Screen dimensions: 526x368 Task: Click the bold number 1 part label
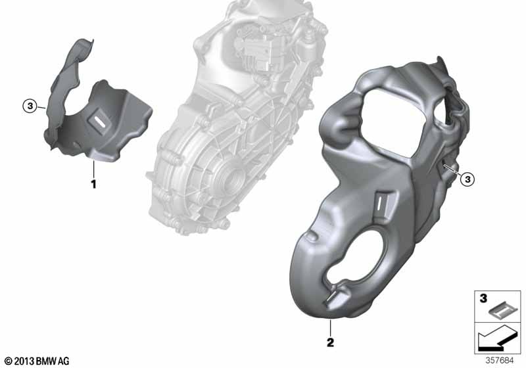94,184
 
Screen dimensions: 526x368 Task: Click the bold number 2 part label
331,342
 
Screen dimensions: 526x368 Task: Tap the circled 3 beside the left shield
30,106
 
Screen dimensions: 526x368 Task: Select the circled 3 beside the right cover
467,179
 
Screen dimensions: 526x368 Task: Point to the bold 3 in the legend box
483,298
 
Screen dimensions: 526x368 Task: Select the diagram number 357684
500,361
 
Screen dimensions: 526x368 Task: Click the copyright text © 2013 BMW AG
37,361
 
